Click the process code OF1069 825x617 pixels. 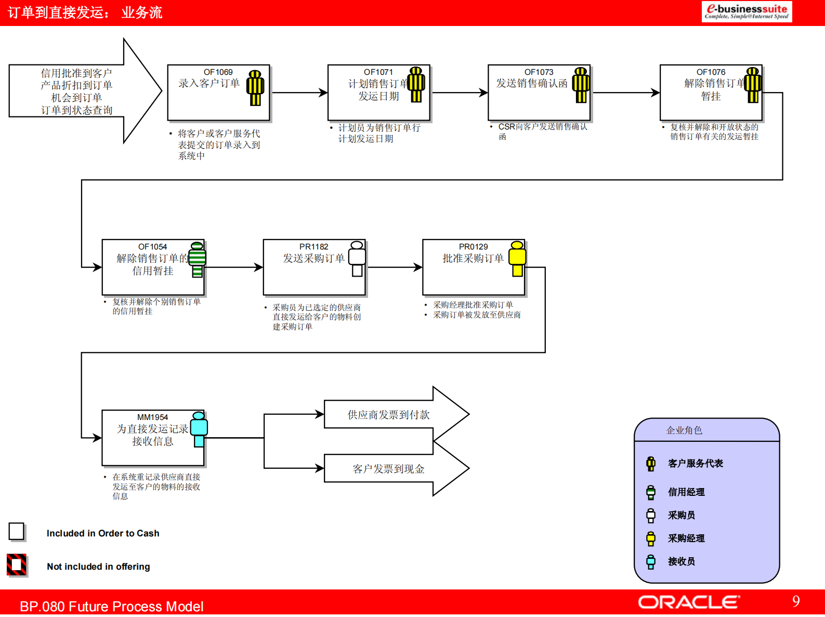pos(218,72)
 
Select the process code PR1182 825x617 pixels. pos(313,247)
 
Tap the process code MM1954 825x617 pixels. pos(152,417)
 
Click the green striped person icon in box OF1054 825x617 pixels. pos(197,259)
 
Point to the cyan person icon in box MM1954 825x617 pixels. pos(199,429)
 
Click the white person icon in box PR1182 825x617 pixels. pos(357,258)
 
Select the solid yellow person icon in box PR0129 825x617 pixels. pos(517,258)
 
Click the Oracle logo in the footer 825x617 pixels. pos(688,602)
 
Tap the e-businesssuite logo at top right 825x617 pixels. pos(747,11)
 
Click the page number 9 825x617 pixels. pos(796,601)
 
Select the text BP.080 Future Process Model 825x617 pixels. pos(111,607)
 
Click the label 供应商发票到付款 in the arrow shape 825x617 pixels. pos(388,415)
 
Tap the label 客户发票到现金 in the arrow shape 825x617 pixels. pos(388,469)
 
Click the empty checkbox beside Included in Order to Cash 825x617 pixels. pos(17,531)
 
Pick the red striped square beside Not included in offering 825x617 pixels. pos(17,565)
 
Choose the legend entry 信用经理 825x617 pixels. pos(686,492)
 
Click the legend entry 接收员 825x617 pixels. pos(681,561)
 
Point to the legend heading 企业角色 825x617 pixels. pos(684,430)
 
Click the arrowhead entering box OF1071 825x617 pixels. pos(323,93)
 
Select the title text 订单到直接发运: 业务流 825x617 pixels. pos(85,12)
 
